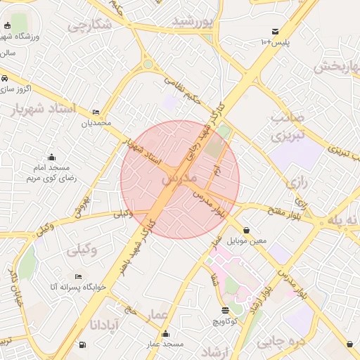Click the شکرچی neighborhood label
[x=90, y=25]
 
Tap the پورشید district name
[x=191, y=22]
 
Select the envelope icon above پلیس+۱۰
[x=275, y=32]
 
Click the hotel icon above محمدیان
[x=96, y=112]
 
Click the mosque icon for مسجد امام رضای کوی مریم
[x=51, y=157]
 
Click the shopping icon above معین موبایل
[x=246, y=230]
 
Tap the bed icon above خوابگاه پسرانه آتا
[x=78, y=276]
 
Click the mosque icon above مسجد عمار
[x=165, y=333]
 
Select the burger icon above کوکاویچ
[x=225, y=310]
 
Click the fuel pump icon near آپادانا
[x=84, y=345]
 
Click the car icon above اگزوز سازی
[x=5, y=78]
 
